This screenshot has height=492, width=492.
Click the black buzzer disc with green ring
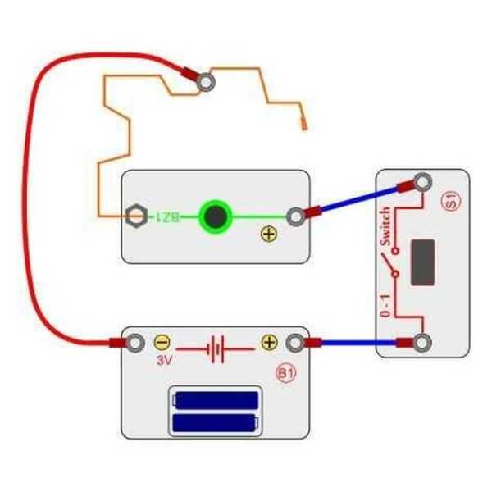[x=216, y=216]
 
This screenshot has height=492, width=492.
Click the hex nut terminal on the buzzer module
[x=137, y=216]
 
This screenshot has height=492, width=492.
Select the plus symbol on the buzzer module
[x=268, y=235]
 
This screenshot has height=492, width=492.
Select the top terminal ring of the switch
[x=422, y=183]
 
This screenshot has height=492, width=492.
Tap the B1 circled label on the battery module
[x=285, y=375]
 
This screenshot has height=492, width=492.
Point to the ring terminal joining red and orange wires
[x=206, y=82]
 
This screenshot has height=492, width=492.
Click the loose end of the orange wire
[x=305, y=125]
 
